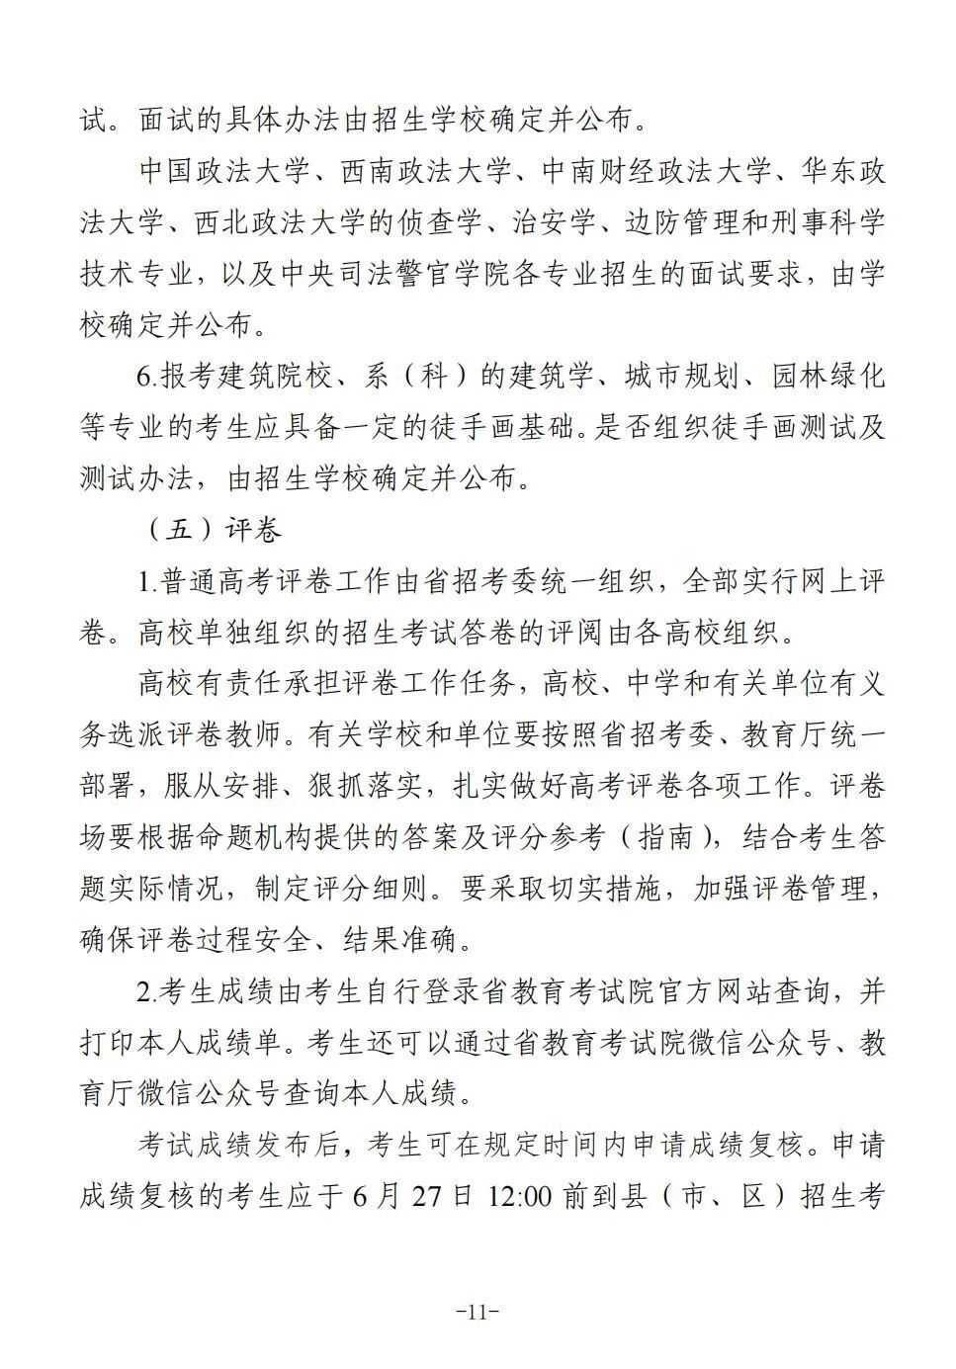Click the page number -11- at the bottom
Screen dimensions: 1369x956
pyautogui.click(x=478, y=1313)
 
